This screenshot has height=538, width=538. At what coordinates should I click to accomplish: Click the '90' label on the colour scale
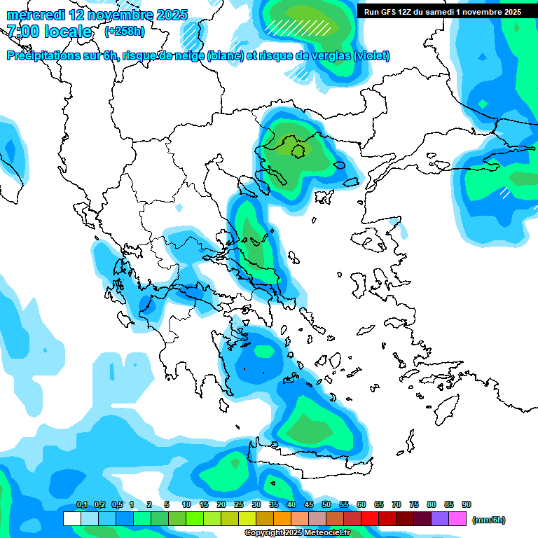coord(467,504)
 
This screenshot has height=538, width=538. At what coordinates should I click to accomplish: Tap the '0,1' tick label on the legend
coord(82,504)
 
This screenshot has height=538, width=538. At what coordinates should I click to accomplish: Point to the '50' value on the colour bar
coord(326,504)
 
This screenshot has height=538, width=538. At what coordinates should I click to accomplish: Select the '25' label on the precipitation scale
coord(239,504)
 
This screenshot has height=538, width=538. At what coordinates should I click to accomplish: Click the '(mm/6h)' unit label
coord(489,520)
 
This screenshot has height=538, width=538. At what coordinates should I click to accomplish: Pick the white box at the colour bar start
coord(71,519)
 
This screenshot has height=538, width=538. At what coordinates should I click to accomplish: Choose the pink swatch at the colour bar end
coord(457,519)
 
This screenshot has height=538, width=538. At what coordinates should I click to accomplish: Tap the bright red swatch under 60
coord(369,519)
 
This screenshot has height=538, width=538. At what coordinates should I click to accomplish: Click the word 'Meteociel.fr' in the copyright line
coord(326,533)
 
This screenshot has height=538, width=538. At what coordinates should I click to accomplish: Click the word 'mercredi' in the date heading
coord(32,15)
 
